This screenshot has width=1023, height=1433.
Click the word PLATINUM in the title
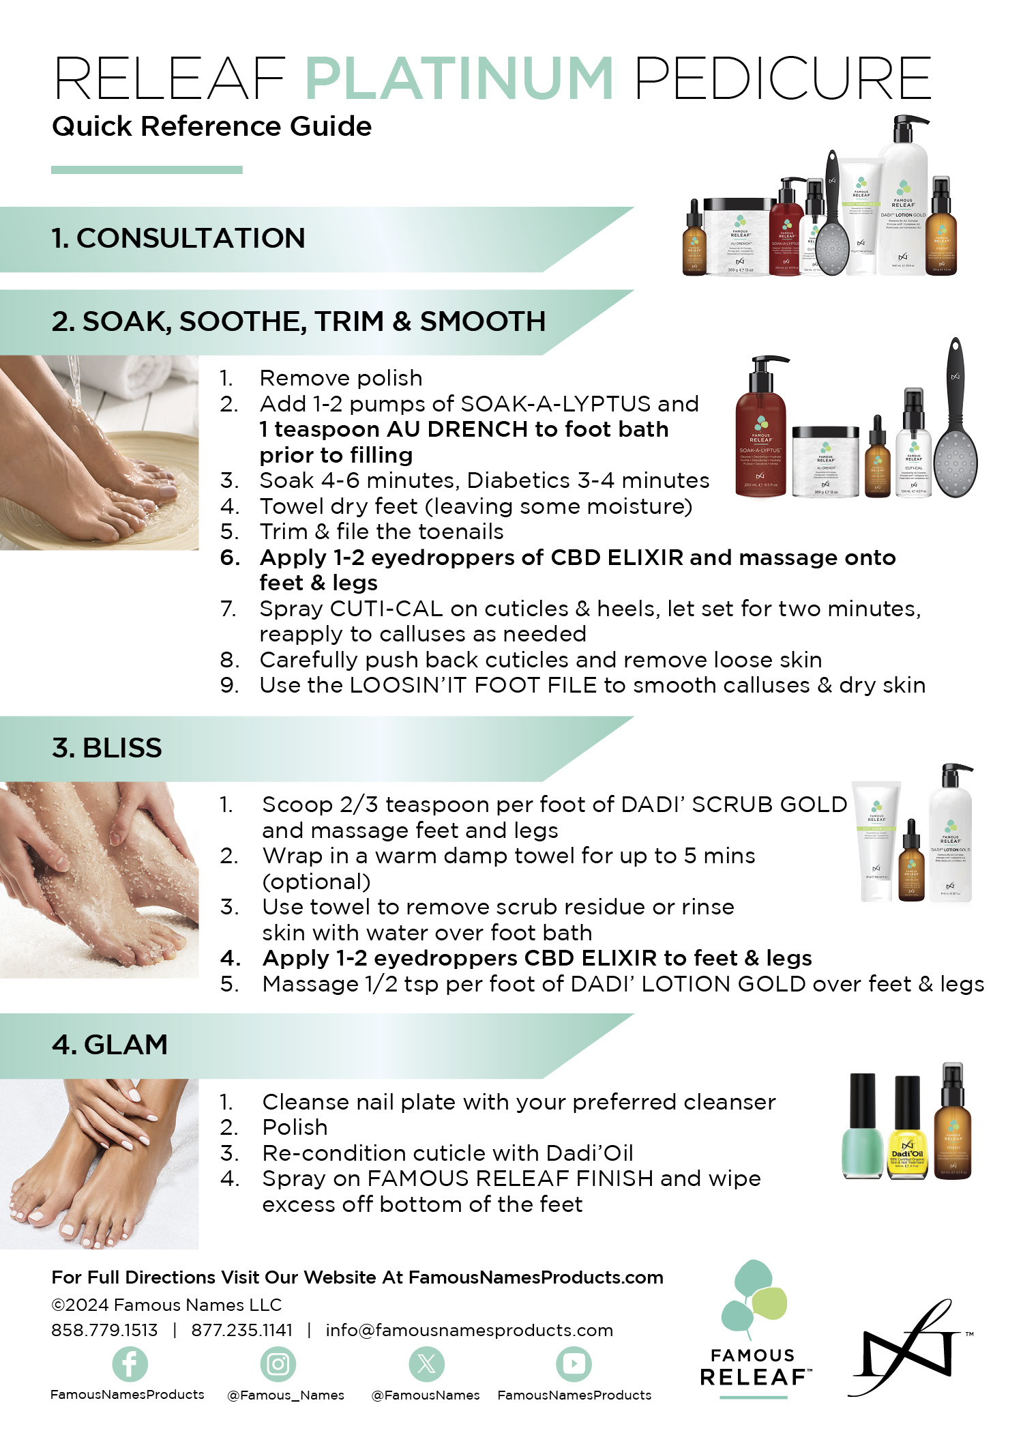[x=459, y=78]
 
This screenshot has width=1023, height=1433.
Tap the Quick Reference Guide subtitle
[x=211, y=126]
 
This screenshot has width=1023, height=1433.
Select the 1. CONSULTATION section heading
[x=179, y=238]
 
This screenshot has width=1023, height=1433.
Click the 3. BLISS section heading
[x=107, y=748]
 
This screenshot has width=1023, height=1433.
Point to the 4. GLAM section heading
[x=110, y=1045]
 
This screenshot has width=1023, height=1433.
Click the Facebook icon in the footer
[x=130, y=1363]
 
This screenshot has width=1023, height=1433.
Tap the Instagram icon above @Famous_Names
[x=278, y=1363]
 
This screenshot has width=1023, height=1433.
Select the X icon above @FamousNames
[x=426, y=1363]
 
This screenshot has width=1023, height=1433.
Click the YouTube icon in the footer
[x=574, y=1363]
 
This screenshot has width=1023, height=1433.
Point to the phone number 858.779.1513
[x=104, y=1330]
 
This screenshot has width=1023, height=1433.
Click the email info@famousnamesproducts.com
[x=469, y=1330]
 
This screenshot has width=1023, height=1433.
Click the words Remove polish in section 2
[x=341, y=378]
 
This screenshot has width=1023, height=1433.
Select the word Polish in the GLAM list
[x=295, y=1127]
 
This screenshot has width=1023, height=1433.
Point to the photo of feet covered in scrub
[x=99, y=880]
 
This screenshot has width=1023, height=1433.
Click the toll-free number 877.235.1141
[x=241, y=1330]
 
